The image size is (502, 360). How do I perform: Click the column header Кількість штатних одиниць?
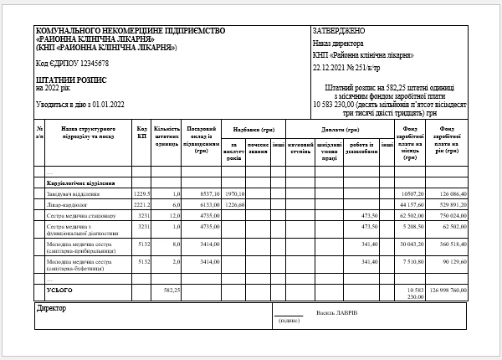167,137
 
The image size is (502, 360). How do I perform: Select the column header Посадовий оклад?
201,139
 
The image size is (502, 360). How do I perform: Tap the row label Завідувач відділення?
76,193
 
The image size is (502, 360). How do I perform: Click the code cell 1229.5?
141,193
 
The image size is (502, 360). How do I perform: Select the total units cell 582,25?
172,291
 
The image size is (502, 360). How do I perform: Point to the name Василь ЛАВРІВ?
337,313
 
